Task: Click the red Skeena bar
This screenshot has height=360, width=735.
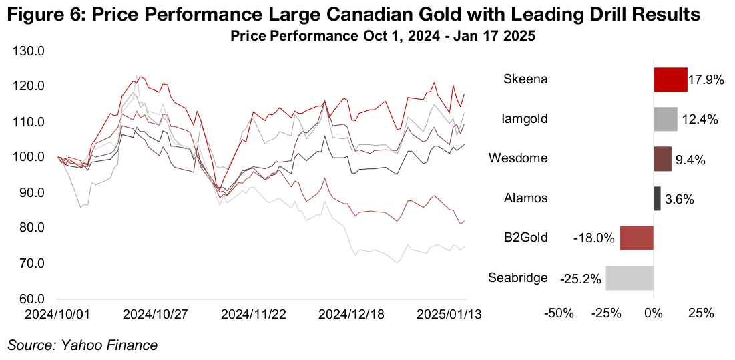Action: coord(670,79)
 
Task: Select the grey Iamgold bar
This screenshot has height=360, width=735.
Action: coord(666,120)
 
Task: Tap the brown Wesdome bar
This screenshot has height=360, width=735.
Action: coord(662,159)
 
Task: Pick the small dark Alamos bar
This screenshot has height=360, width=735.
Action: coord(657,198)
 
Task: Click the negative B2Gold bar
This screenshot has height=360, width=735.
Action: coord(636,238)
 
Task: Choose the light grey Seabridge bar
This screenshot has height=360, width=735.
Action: coord(630,277)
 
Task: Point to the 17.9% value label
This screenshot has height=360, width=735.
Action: coord(706,80)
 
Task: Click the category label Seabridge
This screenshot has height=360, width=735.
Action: coord(518,277)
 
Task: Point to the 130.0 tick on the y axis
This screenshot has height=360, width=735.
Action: coord(30,51)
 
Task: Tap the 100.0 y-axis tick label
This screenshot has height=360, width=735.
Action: coord(30,158)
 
